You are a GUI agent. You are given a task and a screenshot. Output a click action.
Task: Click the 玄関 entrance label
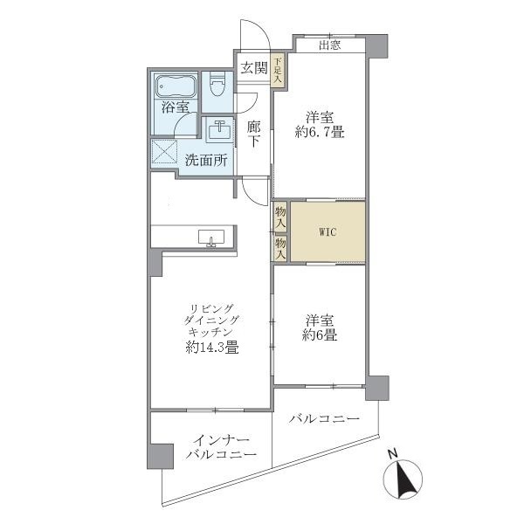tap(253, 68)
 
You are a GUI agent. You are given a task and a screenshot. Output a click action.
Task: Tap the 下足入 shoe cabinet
tap(277, 70)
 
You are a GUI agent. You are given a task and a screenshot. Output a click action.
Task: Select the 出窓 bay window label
tap(329, 45)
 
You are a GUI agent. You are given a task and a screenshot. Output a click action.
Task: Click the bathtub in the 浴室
tap(177, 87)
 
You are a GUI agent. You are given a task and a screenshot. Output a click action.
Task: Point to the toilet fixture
tap(218, 86)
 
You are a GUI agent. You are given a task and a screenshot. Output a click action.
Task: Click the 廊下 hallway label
tap(253, 134)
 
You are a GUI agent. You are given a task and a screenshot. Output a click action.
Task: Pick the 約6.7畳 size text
tap(320, 133)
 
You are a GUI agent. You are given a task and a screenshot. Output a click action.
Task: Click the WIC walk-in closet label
tap(327, 232)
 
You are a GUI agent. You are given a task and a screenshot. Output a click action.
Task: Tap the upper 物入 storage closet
tap(280, 217)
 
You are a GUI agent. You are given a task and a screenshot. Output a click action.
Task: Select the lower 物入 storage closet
tap(280, 249)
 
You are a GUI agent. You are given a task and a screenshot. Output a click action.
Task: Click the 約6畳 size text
tap(319, 334)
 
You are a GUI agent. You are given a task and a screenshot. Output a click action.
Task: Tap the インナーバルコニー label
tap(220, 447)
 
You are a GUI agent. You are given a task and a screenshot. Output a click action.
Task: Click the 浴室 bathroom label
tap(175, 107)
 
